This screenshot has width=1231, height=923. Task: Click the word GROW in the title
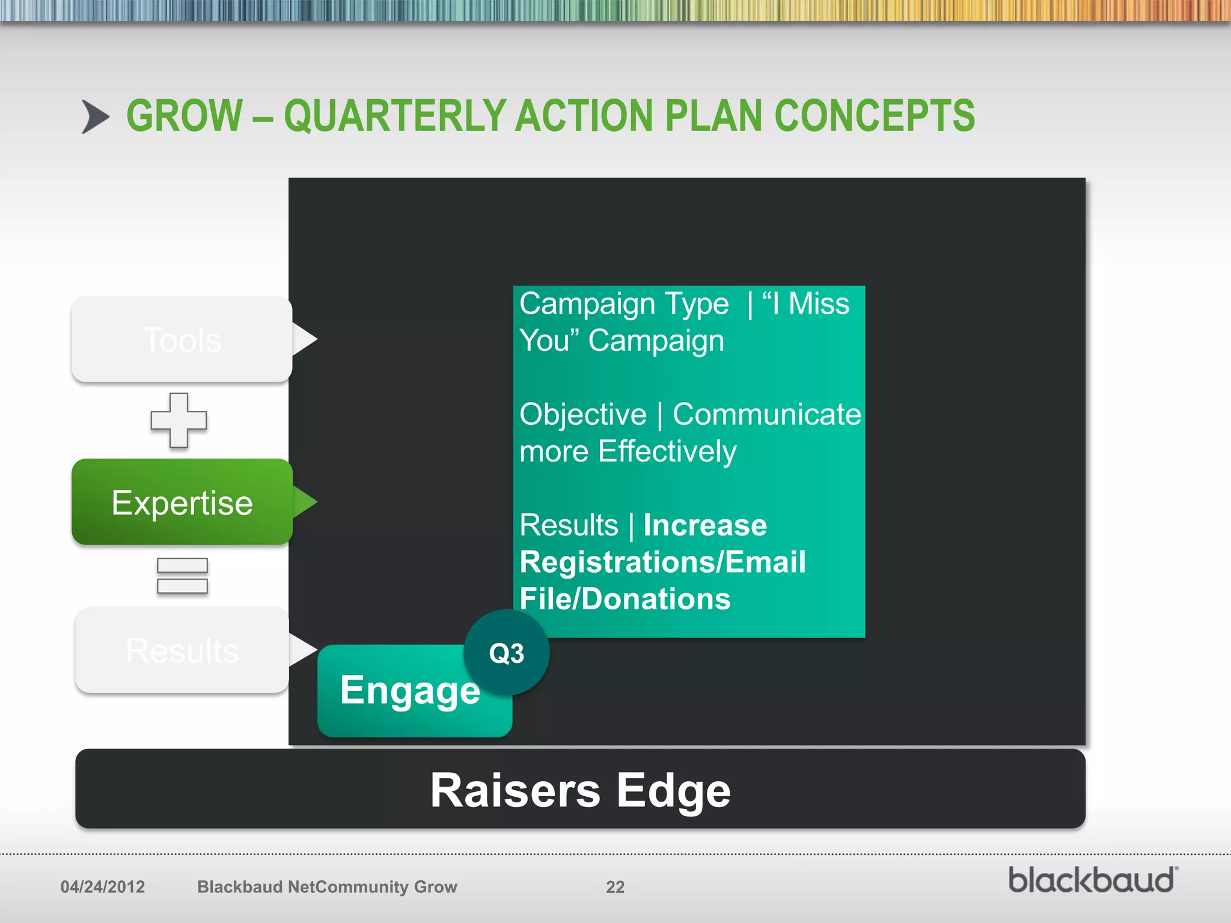coord(184,116)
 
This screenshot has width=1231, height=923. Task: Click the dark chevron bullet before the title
coord(95,117)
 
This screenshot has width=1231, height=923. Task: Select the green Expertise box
coord(182,502)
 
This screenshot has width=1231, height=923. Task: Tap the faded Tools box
coord(182,340)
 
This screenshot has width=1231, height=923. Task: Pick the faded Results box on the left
coord(182,650)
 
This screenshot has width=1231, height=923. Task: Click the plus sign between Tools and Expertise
coord(179,420)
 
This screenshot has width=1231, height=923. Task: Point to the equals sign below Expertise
coord(182,576)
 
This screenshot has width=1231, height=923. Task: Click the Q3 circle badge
coord(506,653)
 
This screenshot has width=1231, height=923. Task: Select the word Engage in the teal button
coord(409,690)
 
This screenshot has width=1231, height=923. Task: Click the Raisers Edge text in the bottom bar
coord(580,790)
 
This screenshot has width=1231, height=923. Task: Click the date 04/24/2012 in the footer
coord(103,887)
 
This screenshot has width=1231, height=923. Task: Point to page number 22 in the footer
coord(615,887)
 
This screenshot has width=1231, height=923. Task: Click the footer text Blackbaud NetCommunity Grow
coord(327,887)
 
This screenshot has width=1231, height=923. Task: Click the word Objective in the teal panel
coord(582,415)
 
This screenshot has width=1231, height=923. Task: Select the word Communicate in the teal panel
coord(766,415)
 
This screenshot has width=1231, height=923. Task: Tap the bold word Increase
coord(704,525)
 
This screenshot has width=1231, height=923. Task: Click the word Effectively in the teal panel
coord(667,452)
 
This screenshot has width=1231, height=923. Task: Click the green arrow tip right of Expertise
coord(306,502)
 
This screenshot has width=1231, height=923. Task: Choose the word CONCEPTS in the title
coord(874,116)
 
